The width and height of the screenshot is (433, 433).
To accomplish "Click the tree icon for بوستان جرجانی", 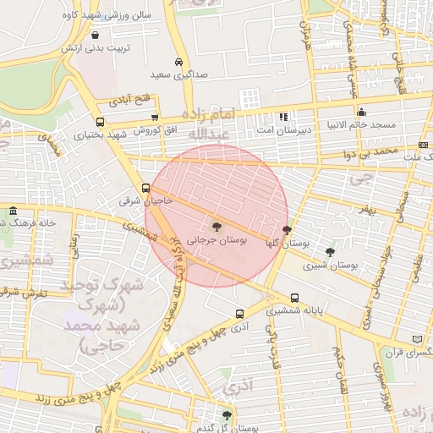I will click(217, 227).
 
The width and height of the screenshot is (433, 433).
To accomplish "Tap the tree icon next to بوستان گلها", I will click(287, 230).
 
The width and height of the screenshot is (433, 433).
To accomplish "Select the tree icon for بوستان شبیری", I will click(330, 251).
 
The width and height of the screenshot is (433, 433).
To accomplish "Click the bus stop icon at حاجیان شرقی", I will click(146, 188).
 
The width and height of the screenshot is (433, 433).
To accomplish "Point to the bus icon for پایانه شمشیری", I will click(294, 298).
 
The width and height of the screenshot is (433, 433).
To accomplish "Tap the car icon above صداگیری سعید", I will click(178, 62).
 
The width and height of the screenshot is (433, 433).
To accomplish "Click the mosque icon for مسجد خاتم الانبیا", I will click(362, 112).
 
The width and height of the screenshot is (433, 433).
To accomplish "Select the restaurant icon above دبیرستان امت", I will click(283, 117).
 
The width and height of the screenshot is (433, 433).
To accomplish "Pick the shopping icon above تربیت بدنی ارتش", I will click(94, 36).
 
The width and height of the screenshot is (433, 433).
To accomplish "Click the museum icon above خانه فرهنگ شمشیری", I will click(13, 211).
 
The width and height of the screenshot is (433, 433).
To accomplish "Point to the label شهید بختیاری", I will click(93, 134).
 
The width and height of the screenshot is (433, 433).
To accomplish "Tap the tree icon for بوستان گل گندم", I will click(226, 414).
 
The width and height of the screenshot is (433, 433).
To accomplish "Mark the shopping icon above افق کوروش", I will click(154, 118).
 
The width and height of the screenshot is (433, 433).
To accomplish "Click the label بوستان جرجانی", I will click(217, 241).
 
